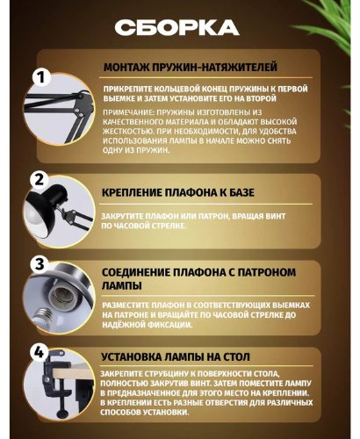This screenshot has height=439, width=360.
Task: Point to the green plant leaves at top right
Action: pyautogui.click(x=325, y=31)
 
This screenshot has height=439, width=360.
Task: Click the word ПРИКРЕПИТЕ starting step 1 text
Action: pyautogui.click(x=128, y=90)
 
